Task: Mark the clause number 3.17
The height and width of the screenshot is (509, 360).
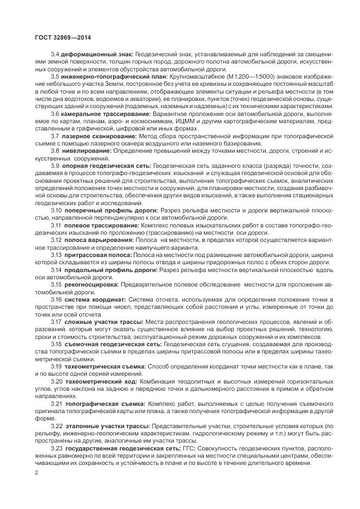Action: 57,322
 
